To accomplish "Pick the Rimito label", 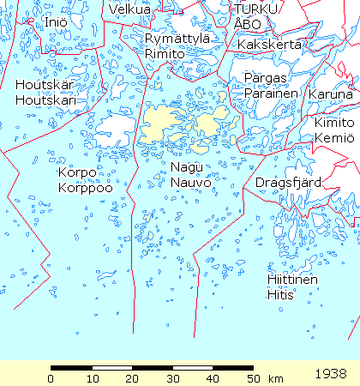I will pyautogui.click(x=165, y=52).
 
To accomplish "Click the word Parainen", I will pyautogui.click(x=271, y=93).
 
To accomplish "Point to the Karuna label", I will pyautogui.click(x=330, y=93).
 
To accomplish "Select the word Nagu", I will pyautogui.click(x=185, y=167).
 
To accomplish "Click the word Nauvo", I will pyautogui.click(x=187, y=182).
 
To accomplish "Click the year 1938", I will pyautogui.click(x=332, y=374).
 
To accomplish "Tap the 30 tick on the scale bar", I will pyautogui.click(x=171, y=378).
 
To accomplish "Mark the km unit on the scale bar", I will pyautogui.click(x=276, y=378).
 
